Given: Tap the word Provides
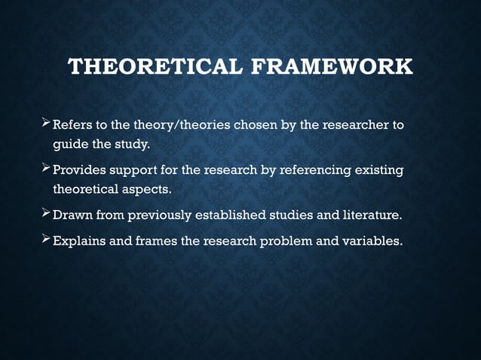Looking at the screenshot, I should pos(80,171).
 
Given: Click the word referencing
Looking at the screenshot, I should pos(309,171).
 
